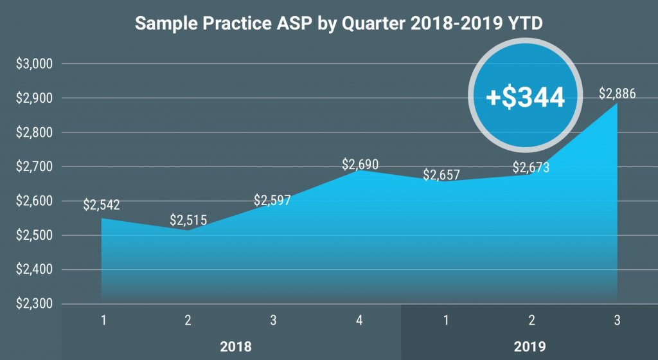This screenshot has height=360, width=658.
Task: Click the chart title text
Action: point(339,23)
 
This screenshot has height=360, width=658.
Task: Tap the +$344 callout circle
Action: point(525,96)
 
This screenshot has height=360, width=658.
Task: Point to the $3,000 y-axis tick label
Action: point(34,64)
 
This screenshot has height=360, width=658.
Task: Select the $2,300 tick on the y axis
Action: point(34,303)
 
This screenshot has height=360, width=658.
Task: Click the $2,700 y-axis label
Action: point(34,166)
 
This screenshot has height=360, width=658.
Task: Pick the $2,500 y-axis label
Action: point(34,235)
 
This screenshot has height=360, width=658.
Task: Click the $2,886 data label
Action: point(617,94)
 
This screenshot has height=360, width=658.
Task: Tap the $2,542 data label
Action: point(102,205)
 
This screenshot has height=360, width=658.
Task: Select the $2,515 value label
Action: point(188,220)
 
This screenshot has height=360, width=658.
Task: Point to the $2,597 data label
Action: point(272,200)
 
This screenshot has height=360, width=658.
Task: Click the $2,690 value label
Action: point(360,164)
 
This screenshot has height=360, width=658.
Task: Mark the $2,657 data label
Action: point(441,175)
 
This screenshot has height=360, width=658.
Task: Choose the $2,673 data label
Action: point(531,168)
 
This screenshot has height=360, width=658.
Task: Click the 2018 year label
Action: point(236,346)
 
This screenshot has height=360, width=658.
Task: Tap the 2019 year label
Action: point(530,346)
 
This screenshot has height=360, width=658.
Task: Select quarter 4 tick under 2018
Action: point(359,321)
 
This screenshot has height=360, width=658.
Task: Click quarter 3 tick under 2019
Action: point(617,321)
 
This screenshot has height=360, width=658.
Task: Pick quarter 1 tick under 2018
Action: point(103,321)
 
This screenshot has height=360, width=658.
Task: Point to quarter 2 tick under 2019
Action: point(531,321)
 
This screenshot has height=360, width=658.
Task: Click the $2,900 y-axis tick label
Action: point(34,98)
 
